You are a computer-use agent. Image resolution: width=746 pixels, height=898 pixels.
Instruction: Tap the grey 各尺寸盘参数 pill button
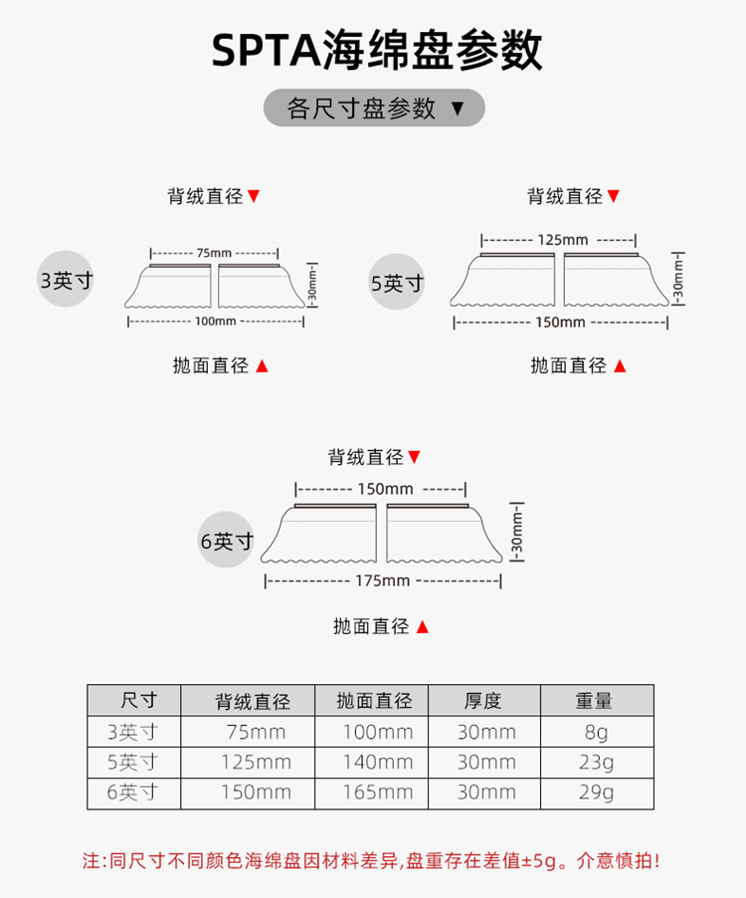click(x=374, y=108)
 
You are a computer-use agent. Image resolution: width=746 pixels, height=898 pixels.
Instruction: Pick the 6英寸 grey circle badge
click(x=226, y=542)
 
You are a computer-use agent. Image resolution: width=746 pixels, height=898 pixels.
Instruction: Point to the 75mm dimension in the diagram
click(x=214, y=253)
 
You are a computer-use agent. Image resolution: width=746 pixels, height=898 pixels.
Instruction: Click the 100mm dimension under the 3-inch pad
click(x=216, y=321)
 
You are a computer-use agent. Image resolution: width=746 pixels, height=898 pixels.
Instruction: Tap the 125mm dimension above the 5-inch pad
click(x=562, y=240)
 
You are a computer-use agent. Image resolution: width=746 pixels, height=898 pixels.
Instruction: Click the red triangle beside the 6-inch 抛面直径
click(x=423, y=627)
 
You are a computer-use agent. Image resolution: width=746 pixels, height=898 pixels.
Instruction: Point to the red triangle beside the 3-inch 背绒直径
click(x=255, y=196)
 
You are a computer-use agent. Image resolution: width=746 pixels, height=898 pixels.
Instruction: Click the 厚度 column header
click(x=483, y=700)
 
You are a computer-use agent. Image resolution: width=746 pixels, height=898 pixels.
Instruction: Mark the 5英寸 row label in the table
click(x=133, y=763)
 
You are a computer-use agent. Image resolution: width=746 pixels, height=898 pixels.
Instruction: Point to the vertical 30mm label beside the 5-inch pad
click(x=679, y=278)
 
